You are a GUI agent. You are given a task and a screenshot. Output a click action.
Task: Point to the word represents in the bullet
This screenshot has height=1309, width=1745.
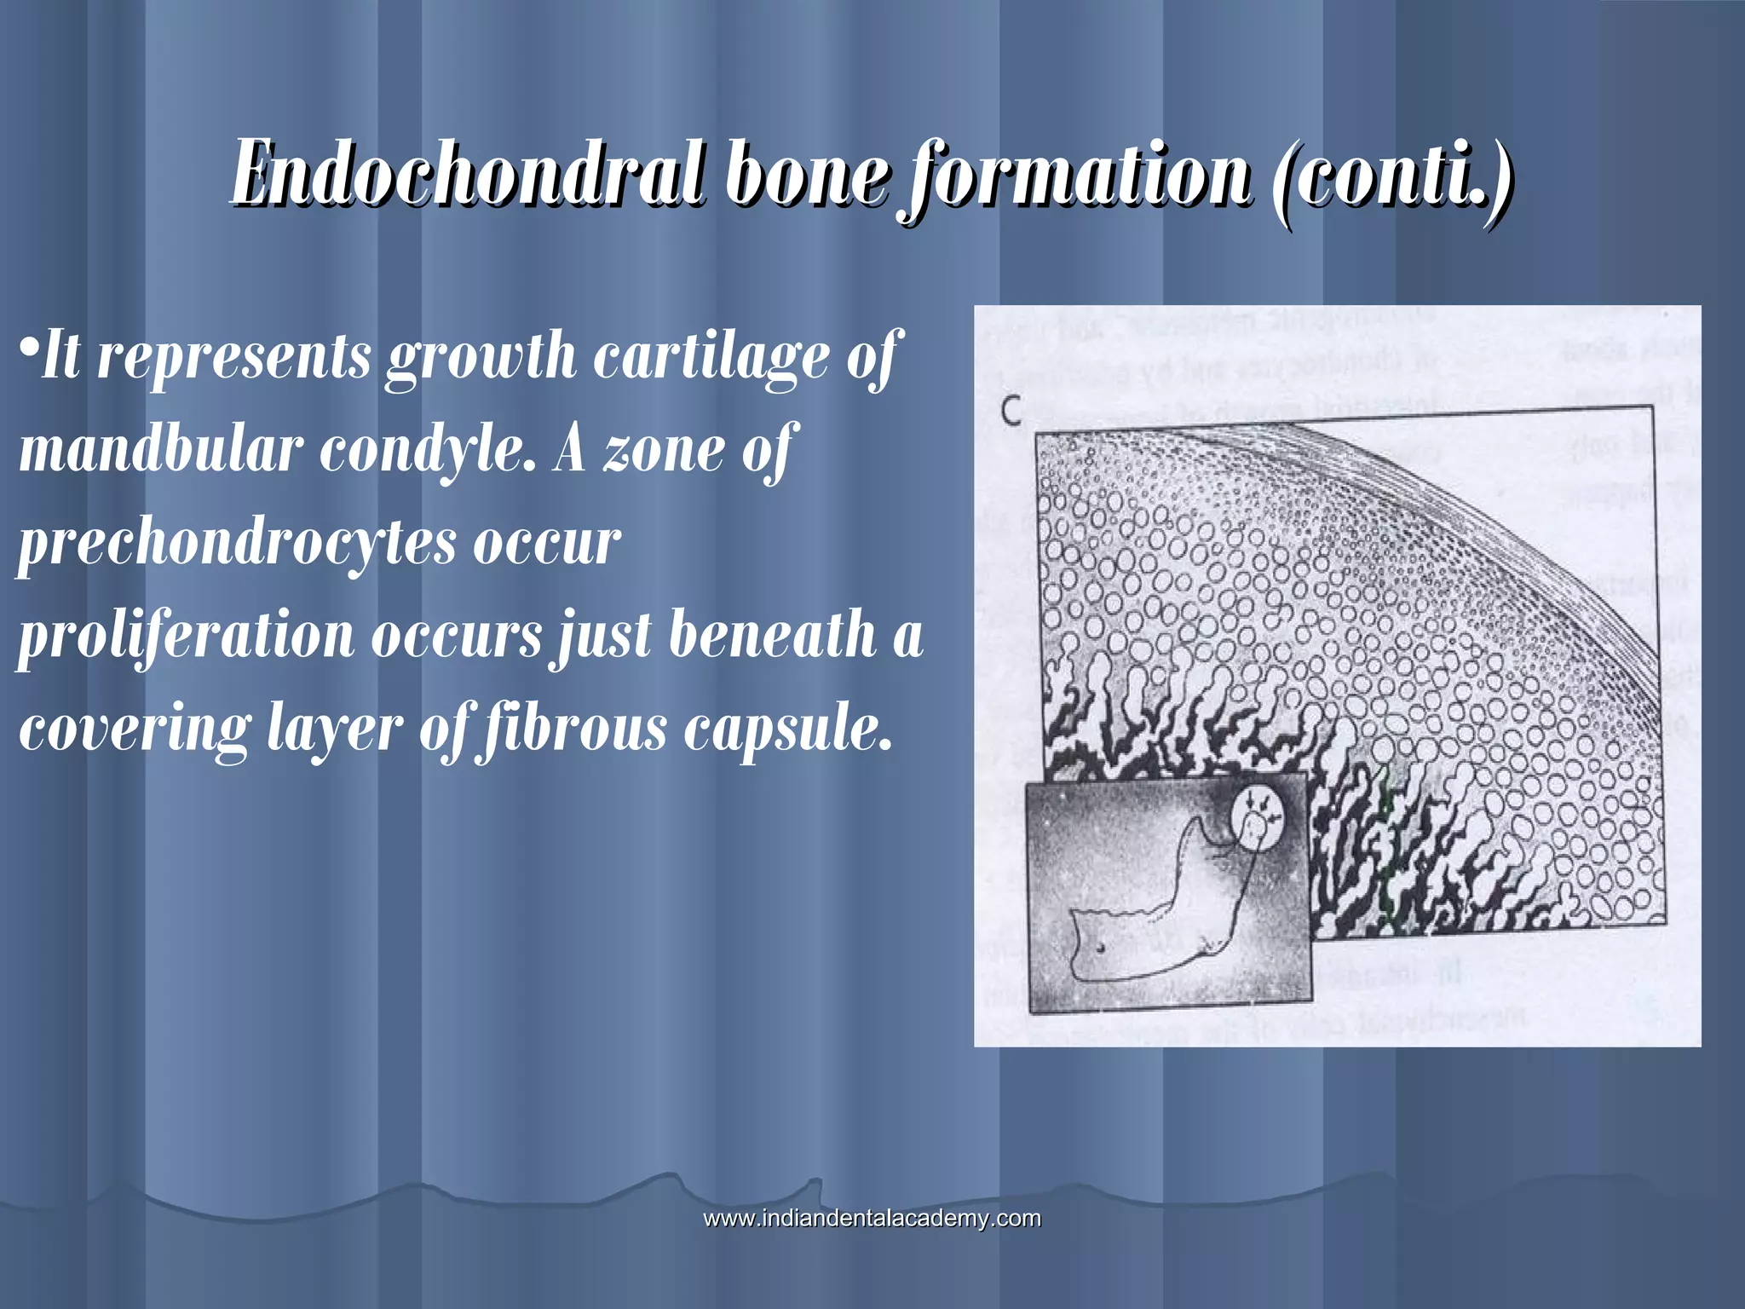[x=233, y=358]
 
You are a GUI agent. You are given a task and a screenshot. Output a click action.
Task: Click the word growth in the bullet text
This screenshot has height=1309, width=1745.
[x=481, y=358]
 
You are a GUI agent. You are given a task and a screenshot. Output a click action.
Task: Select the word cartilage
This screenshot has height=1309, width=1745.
[x=711, y=358]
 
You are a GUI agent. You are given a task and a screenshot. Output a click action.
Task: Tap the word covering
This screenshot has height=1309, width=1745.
[x=135, y=731]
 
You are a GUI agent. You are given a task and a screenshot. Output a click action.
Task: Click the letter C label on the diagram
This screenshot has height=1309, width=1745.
[x=1011, y=412]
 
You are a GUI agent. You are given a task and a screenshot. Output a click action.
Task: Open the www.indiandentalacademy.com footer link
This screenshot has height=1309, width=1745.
[x=872, y=1218]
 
